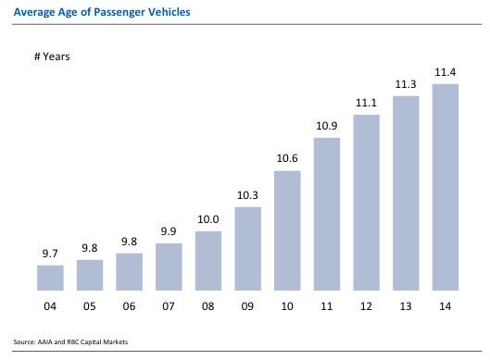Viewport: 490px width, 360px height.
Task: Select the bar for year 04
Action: (50, 278)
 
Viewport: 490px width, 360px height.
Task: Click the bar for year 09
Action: (248, 248)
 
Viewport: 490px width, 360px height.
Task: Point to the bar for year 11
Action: (328, 214)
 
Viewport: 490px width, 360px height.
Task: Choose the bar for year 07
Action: (170, 267)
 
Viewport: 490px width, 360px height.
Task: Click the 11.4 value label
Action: (446, 72)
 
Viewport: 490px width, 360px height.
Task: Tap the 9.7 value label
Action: (50, 253)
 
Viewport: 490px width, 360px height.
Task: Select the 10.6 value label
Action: (288, 158)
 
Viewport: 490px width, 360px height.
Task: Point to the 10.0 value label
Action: (208, 219)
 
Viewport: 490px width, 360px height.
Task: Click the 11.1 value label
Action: (367, 103)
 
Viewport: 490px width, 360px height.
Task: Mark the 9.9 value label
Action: (170, 231)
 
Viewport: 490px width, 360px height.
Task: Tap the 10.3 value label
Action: (248, 194)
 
